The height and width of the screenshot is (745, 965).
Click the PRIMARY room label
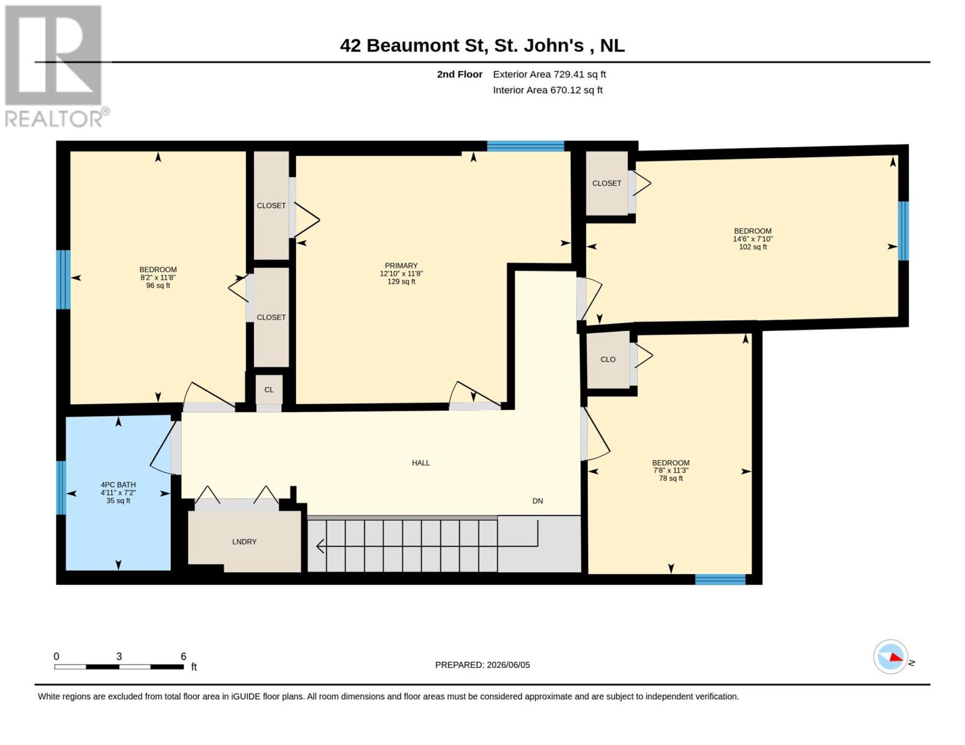tap(401, 266)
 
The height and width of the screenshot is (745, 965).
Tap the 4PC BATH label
tap(118, 485)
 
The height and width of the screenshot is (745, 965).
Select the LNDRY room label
tap(244, 541)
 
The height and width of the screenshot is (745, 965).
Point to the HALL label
tap(420, 463)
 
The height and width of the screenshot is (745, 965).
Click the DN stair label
tap(537, 501)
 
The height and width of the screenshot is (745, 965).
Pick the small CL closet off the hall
tap(269, 390)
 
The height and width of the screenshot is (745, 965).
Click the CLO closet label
tap(608, 359)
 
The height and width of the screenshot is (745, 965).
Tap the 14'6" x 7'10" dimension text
tap(753, 239)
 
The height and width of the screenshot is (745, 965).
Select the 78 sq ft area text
tap(671, 478)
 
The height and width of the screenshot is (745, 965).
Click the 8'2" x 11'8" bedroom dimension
tap(158, 278)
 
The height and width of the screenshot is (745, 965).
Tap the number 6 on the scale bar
tap(183, 656)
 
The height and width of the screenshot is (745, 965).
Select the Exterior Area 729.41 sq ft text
tap(550, 74)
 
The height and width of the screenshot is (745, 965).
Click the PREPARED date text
tap(482, 665)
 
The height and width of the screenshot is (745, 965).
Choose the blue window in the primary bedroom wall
tap(525, 146)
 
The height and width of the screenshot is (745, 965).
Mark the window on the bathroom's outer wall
tap(61, 488)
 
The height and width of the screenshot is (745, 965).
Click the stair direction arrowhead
tap(320, 546)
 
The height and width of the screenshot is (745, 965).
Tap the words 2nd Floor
tap(460, 74)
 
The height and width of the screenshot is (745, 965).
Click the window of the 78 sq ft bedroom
tap(720, 579)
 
